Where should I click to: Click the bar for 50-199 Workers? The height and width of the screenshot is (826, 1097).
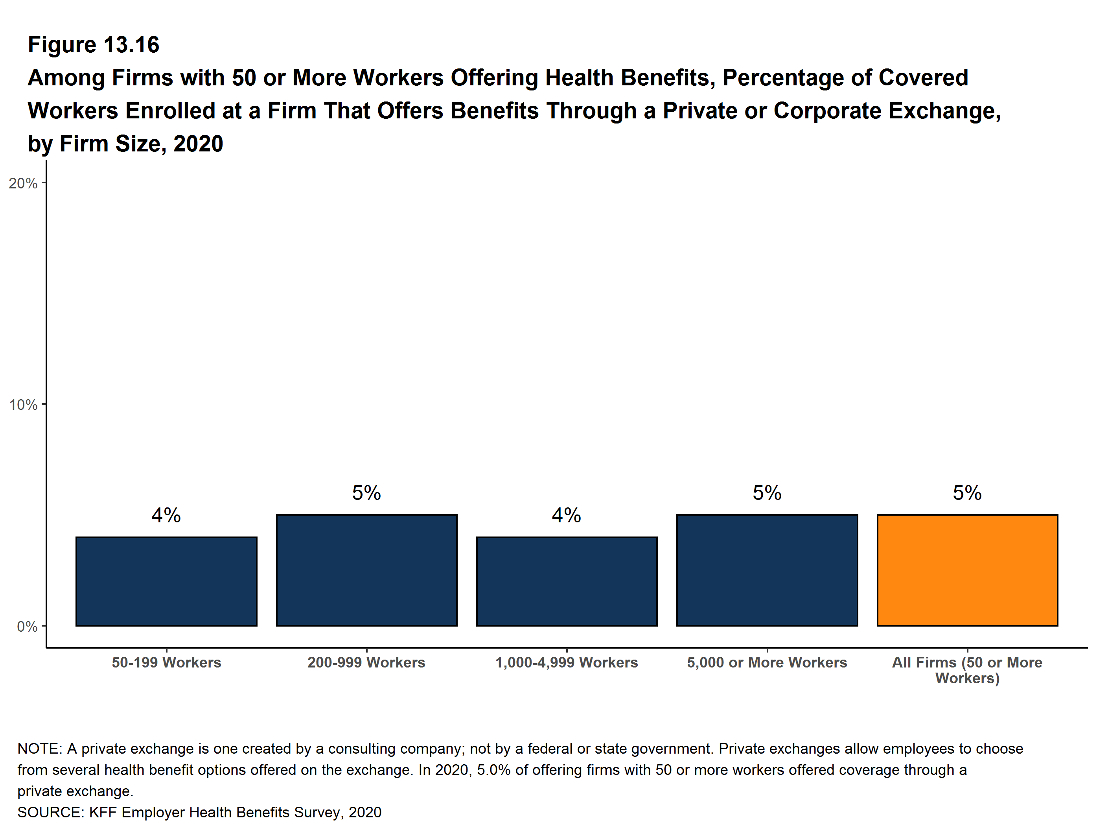pyautogui.click(x=166, y=581)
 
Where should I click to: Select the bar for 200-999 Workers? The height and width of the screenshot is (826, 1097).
pyautogui.click(x=366, y=570)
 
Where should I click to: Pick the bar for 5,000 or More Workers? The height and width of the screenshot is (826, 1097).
pyautogui.click(x=767, y=570)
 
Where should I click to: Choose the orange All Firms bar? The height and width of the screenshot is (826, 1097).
pyautogui.click(x=967, y=570)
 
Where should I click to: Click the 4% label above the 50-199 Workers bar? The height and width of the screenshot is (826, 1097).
pyautogui.click(x=166, y=515)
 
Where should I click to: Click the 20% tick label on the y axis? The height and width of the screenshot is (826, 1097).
pyautogui.click(x=23, y=184)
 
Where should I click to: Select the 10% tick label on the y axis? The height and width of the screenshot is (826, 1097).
pyautogui.click(x=23, y=405)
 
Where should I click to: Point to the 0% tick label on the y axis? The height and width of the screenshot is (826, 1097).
pyautogui.click(x=27, y=627)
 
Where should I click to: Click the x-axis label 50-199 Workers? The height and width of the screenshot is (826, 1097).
pyautogui.click(x=166, y=662)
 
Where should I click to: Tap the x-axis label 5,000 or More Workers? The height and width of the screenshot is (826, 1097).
pyautogui.click(x=767, y=662)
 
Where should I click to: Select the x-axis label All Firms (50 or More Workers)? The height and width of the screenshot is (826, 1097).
pyautogui.click(x=967, y=670)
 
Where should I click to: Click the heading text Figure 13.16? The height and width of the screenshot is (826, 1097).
pyautogui.click(x=94, y=45)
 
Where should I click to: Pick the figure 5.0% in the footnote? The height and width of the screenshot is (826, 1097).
pyautogui.click(x=493, y=770)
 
